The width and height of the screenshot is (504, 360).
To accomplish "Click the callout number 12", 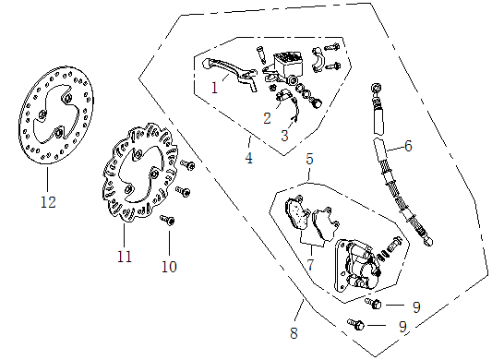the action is coord(48,202).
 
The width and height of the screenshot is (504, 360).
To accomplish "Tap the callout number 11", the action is coord(125,257).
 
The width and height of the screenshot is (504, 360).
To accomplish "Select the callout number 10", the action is coord(169,267).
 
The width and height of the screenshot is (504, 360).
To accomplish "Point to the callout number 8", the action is coord(294,333).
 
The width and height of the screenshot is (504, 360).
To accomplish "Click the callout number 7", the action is coord(310,265).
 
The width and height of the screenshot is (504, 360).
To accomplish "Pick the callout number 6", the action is coord(408,146).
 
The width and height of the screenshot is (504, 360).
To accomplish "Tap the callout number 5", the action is coord(309,159).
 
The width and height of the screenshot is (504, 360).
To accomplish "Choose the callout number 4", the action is coord(249,158).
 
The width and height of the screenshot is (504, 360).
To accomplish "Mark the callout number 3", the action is coord(284,136).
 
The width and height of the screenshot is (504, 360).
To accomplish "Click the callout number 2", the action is coord(267,118).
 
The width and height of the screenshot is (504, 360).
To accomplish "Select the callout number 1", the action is coord(215,88).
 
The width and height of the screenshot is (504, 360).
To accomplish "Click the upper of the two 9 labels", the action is coord(416,307).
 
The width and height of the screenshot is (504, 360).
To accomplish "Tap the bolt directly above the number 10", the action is coord(168,220).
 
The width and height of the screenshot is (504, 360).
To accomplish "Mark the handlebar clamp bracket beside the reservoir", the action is coord(317,60).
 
